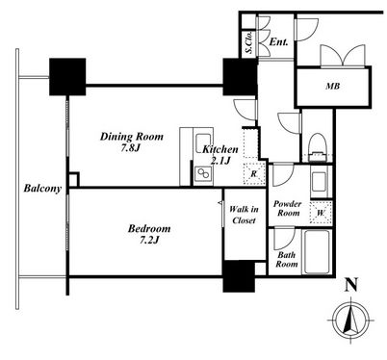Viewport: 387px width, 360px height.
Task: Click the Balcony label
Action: (42, 188)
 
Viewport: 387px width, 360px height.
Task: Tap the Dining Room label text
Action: (132, 137)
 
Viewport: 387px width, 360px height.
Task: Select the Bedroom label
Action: (149, 229)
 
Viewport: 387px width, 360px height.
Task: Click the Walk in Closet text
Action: (244, 215)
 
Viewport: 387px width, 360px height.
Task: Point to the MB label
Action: (333, 86)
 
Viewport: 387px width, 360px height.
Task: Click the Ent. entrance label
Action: (278, 42)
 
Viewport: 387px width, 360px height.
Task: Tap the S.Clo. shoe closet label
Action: (248, 42)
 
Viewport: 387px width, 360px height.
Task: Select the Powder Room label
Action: (288, 208)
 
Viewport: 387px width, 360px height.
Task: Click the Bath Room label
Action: (287, 260)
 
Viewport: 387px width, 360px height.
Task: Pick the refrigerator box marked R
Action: (254, 173)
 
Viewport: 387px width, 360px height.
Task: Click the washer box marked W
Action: (321, 213)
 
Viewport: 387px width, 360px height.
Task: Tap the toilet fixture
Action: (317, 147)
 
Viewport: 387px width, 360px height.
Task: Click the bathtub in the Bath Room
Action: (317, 252)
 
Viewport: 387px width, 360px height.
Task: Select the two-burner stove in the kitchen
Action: (203, 175)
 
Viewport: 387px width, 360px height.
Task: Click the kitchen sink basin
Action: (202, 143)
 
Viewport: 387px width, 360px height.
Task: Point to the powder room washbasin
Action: (320, 182)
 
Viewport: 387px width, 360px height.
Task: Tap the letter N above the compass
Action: (351, 285)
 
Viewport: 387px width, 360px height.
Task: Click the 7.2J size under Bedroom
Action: (148, 240)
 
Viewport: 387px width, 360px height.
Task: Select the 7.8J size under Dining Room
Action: (131, 148)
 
